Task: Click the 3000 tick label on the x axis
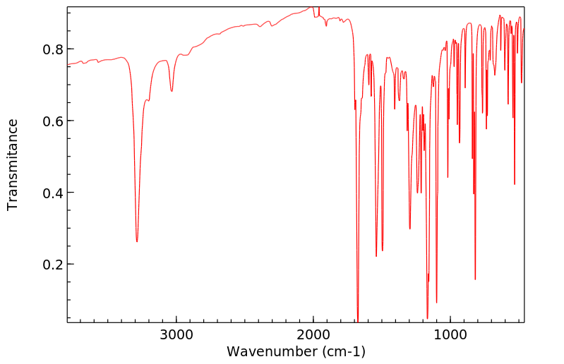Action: pos(176,334)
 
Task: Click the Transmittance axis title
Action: pos(13,164)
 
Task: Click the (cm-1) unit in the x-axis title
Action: pos(343,351)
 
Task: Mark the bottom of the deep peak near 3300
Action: pos(137,241)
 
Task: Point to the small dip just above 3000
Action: pos(172,90)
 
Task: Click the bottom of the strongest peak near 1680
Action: pos(358,321)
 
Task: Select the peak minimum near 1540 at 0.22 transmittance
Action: pos(376,256)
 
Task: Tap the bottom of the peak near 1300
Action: pos(409,229)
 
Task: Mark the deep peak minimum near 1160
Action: pos(427,318)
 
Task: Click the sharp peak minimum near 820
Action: pos(475,279)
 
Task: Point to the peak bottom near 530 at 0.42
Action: pos(515,184)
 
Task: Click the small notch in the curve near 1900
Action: pos(326,25)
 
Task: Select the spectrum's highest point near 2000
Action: pos(311,7)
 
